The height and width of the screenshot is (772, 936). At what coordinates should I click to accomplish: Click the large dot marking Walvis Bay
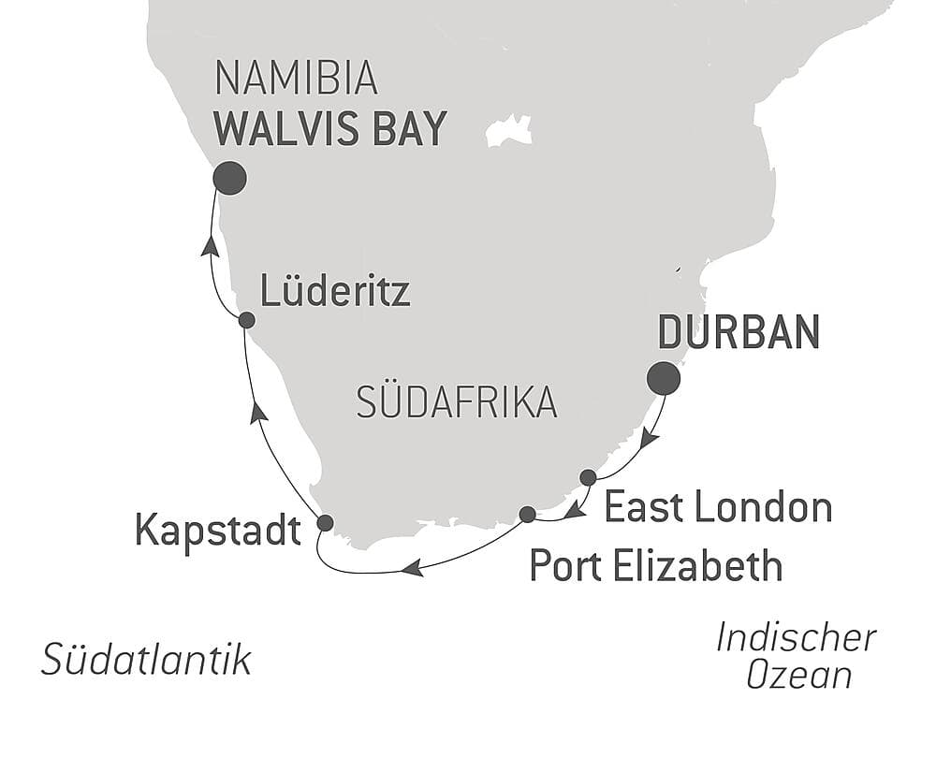click(229, 178)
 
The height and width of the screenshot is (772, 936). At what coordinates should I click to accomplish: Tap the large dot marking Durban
click(664, 378)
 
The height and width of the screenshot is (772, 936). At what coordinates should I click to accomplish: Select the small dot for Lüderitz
click(246, 320)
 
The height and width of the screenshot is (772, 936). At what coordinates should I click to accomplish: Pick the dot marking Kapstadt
click(325, 523)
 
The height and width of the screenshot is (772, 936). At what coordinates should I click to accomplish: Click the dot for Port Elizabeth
click(527, 514)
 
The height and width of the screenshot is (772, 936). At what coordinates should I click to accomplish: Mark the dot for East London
click(588, 477)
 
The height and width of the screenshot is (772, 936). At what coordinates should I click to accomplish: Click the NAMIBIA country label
click(296, 80)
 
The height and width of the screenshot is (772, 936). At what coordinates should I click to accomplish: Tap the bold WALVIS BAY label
click(329, 130)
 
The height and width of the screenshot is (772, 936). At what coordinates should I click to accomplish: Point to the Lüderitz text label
click(335, 293)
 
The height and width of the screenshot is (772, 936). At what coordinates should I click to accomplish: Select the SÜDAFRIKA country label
click(457, 402)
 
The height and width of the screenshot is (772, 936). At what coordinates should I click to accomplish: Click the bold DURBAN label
click(739, 332)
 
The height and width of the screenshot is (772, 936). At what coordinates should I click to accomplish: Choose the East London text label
click(718, 507)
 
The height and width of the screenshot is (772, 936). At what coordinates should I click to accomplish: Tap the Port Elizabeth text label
click(655, 565)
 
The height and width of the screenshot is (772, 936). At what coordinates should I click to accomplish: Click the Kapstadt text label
click(218, 531)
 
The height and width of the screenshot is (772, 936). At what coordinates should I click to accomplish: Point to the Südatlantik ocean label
click(147, 660)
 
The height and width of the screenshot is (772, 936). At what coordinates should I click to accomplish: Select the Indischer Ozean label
click(797, 655)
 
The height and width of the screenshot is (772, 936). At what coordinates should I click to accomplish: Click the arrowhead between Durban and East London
click(649, 438)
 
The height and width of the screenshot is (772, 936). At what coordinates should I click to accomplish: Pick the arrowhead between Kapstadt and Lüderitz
click(259, 413)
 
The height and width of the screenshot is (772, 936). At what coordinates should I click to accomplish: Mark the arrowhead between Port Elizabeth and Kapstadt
click(413, 567)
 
